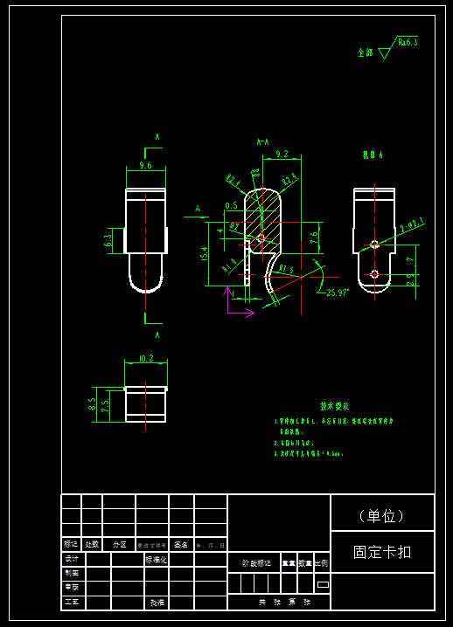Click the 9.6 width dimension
(146, 164)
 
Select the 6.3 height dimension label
(108, 238)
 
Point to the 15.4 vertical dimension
(204, 253)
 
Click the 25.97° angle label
(338, 293)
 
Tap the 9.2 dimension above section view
(282, 154)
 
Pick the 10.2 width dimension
(146, 358)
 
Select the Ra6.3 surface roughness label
(408, 41)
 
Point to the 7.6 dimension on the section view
(314, 236)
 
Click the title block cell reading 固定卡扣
(382, 552)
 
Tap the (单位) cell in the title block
(382, 515)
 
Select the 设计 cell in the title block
(72, 559)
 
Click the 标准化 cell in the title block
(156, 559)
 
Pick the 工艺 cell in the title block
(72, 603)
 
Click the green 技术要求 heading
(335, 406)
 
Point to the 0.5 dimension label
(231, 205)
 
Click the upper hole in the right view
(374, 244)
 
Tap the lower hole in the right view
(374, 274)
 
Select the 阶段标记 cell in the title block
(256, 563)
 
